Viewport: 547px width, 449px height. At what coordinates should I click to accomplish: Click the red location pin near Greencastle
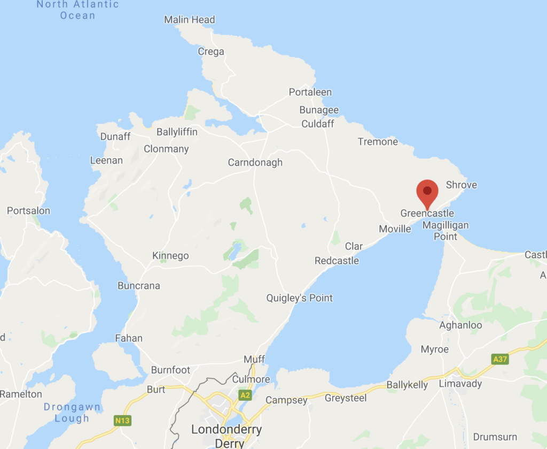tap(427, 193)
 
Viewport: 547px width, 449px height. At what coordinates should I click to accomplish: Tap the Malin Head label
tap(190, 20)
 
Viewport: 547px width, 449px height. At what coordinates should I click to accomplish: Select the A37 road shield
tap(500, 359)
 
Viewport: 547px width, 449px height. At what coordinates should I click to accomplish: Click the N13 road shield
tap(122, 421)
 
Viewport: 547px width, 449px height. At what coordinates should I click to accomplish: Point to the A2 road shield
tap(245, 395)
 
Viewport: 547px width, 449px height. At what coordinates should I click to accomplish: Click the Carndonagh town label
tap(255, 163)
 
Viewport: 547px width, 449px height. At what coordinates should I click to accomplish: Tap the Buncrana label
tap(139, 286)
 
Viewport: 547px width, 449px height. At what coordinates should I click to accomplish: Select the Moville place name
tap(395, 229)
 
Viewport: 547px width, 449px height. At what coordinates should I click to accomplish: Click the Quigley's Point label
tap(300, 298)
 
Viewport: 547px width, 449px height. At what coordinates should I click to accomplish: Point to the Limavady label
tap(460, 384)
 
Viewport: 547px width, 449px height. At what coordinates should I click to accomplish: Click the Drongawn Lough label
tap(72, 413)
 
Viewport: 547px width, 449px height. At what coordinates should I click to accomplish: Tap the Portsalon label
tap(28, 211)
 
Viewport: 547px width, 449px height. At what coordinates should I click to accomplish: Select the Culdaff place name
tap(318, 124)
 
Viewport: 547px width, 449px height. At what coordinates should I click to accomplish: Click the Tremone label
tap(378, 142)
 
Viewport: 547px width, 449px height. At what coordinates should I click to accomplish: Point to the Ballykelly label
tap(407, 385)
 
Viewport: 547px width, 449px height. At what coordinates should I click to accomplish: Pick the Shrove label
tap(461, 185)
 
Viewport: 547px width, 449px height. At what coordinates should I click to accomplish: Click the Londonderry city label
tap(226, 430)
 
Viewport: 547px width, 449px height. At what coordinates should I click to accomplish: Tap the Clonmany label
tap(166, 149)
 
